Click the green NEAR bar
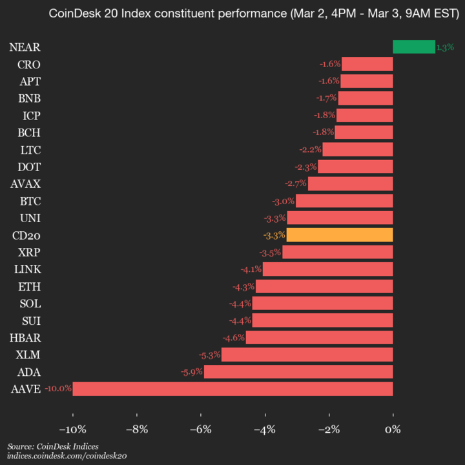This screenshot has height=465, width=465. click(x=413, y=47)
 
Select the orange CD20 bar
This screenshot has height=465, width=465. click(x=340, y=234)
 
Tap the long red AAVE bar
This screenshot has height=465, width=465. click(x=232, y=389)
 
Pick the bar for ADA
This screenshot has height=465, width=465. click(x=298, y=371)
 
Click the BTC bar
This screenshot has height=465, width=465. click(x=344, y=201)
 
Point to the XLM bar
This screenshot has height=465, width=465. click(x=307, y=355)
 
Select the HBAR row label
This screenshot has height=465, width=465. click(x=25, y=337)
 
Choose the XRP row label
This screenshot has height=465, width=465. click(x=29, y=252)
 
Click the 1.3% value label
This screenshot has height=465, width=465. click(x=445, y=47)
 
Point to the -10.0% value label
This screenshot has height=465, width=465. click(x=58, y=389)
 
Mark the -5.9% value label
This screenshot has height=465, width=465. click(x=192, y=371)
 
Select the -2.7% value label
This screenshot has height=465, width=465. click(x=296, y=183)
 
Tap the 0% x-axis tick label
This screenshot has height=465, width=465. click(x=392, y=429)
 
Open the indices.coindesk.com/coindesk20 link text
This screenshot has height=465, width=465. click(x=67, y=456)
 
